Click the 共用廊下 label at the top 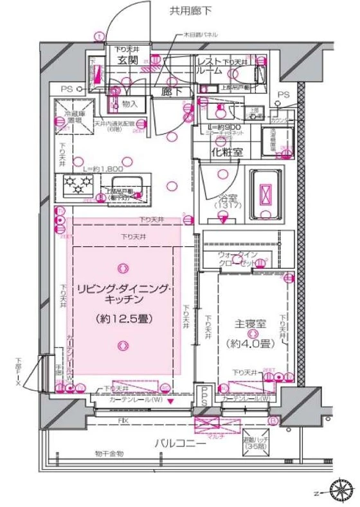click(190, 10)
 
